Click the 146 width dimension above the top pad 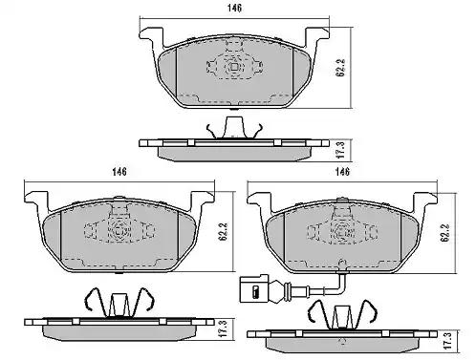coord(234,8)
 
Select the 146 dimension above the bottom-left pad coord(119,172)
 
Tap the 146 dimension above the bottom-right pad coord(342,172)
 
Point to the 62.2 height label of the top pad coord(340,68)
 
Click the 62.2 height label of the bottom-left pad coord(224,231)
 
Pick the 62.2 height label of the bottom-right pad coord(445,232)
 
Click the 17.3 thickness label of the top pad coord(340,150)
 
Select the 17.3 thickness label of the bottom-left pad coord(224,328)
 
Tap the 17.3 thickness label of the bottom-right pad coord(447,341)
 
